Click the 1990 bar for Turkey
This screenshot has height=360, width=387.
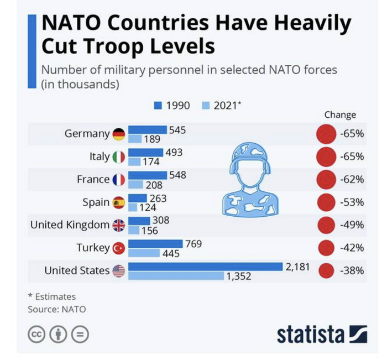pyautogui.click(x=155, y=243)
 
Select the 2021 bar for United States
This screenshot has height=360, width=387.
pyautogui.click(x=176, y=275)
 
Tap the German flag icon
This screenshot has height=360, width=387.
pyautogui.click(x=119, y=134)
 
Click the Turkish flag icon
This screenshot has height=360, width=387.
pyautogui.click(x=119, y=248)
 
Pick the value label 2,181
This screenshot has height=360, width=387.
pyautogui.click(x=297, y=267)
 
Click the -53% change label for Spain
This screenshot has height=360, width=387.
pyautogui.click(x=352, y=202)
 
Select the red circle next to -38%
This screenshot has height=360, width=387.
pyautogui.click(x=327, y=271)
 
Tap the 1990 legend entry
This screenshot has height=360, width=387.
pyautogui.click(x=172, y=105)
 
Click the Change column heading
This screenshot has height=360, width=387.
pyautogui.click(x=340, y=115)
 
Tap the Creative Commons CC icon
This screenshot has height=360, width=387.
pyautogui.click(x=36, y=334)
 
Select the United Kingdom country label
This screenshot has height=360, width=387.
pyautogui.click(x=70, y=225)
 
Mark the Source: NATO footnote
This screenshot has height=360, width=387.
pyautogui.click(x=57, y=309)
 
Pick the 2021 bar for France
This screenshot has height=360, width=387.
pyautogui.click(x=136, y=185)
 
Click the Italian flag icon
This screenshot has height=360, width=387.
pyautogui.click(x=119, y=157)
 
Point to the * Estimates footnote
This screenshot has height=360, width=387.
pyautogui.click(x=51, y=297)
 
